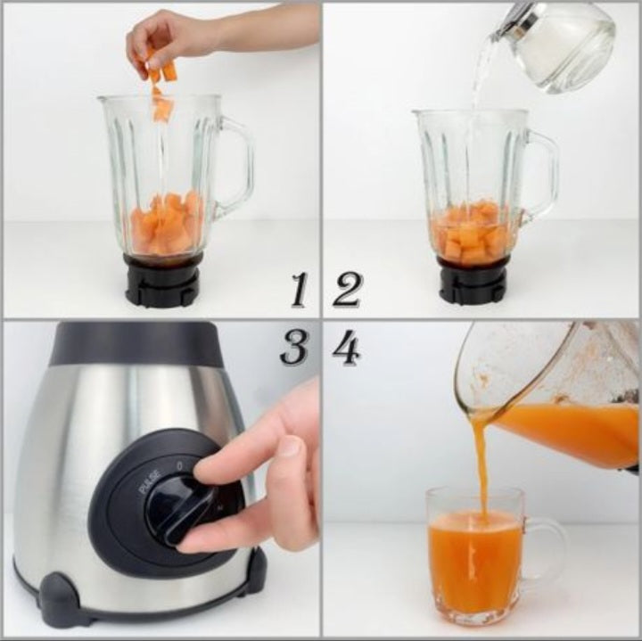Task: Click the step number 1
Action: [300, 290]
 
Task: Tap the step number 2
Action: [347, 290]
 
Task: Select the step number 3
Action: [294, 347]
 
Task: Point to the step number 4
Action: [347, 347]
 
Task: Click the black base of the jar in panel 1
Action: [163, 281]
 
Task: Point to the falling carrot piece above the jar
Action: [162, 108]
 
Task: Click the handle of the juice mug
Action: [547, 554]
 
